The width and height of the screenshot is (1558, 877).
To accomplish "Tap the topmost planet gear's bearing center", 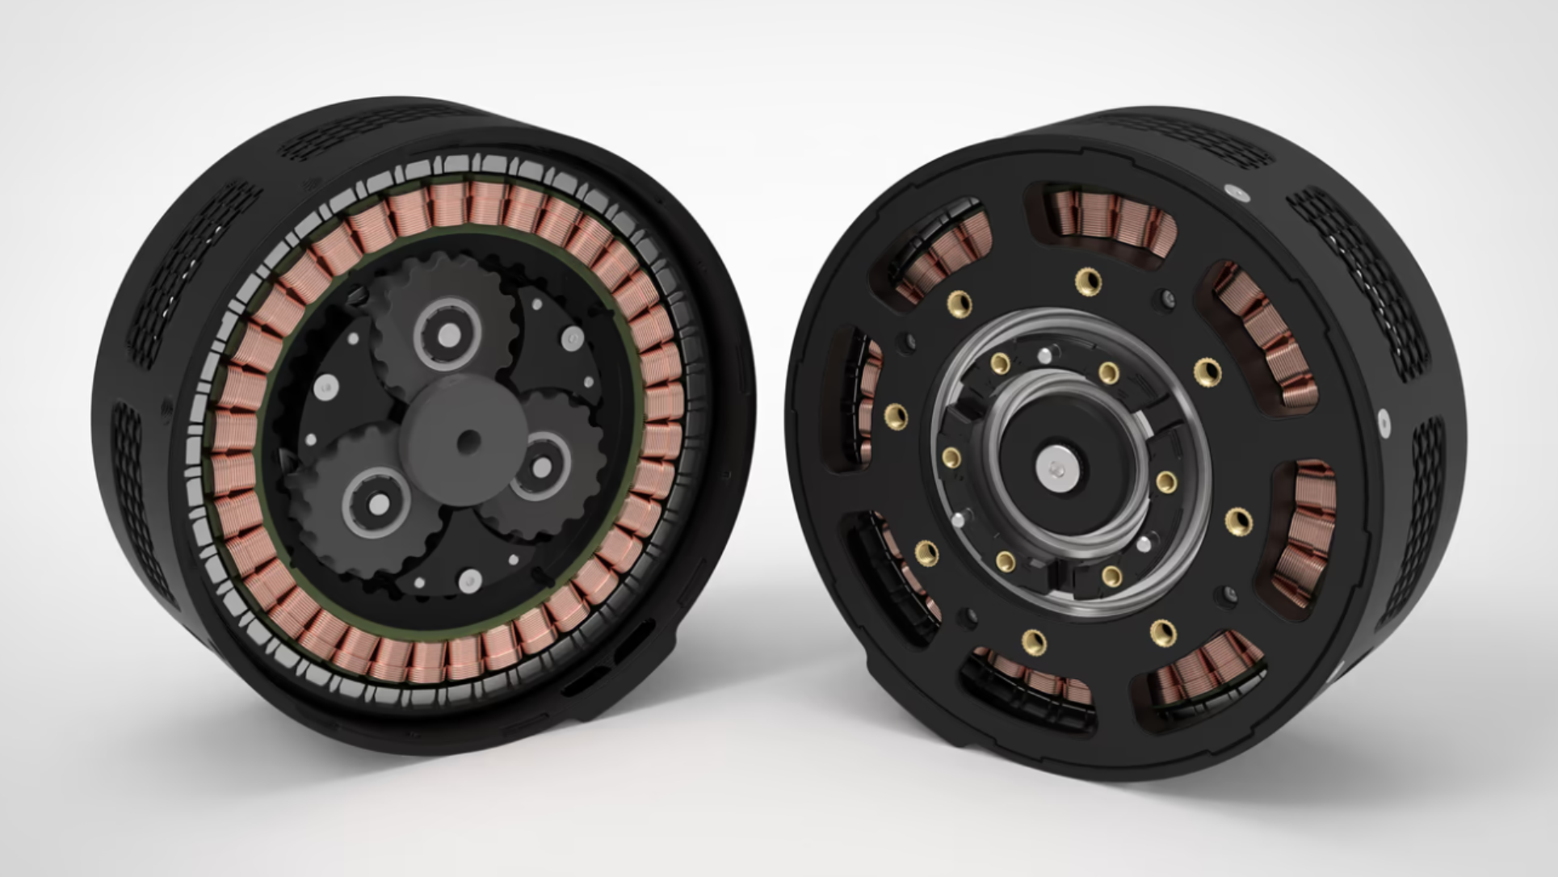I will click(x=449, y=334).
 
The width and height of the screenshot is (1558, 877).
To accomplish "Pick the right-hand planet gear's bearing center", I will click(x=542, y=468).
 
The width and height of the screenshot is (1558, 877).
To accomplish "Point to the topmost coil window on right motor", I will click(x=1110, y=218).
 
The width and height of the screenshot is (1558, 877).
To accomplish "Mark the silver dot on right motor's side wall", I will click(x=1384, y=421).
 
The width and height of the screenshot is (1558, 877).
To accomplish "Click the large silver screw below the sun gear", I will click(x=469, y=580).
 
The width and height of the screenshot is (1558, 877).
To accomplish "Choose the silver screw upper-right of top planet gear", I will click(x=572, y=337).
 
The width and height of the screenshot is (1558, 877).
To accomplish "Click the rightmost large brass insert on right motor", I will click(x=1237, y=519).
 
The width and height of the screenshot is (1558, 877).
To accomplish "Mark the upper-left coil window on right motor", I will click(x=942, y=245).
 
